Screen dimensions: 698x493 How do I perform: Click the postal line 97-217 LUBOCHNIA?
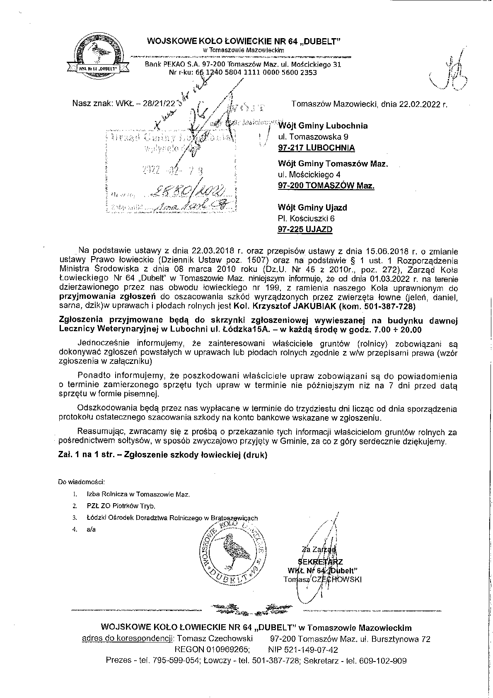pyautogui.click(x=316, y=148)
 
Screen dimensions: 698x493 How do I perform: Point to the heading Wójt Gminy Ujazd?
pyautogui.click(x=312, y=207)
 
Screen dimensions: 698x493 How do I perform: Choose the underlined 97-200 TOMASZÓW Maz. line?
pyautogui.click(x=326, y=186)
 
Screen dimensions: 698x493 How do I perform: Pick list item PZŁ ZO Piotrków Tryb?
pyautogui.click(x=121, y=506)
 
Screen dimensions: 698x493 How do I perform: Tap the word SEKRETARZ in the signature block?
pyautogui.click(x=322, y=562)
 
